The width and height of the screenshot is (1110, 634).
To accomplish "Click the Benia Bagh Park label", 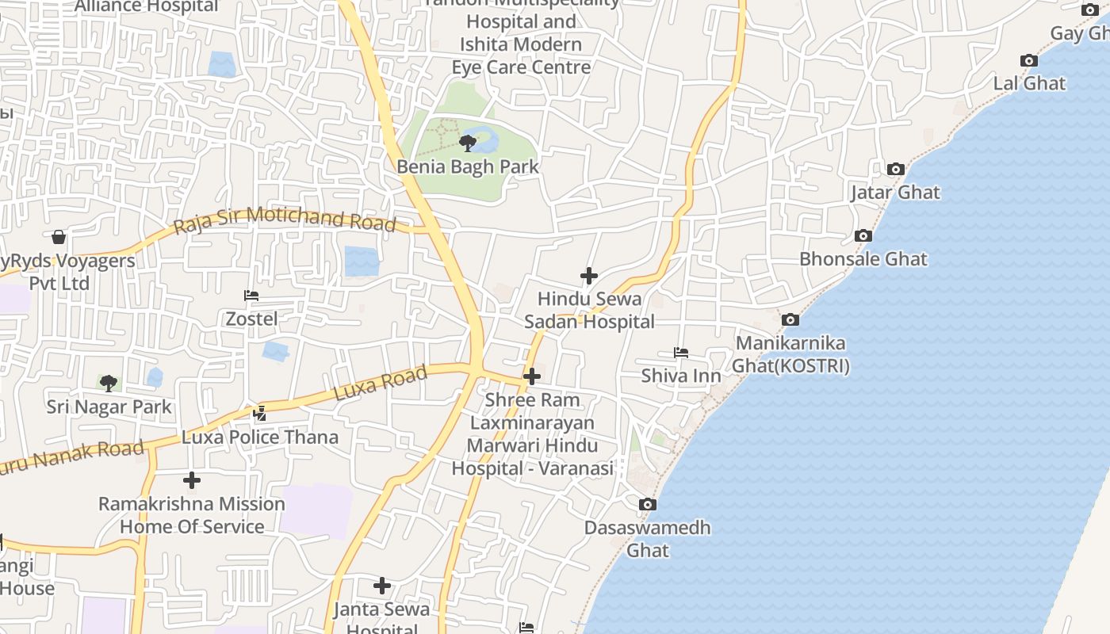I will click(467, 167).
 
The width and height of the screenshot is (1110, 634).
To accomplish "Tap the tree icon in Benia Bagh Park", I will click(468, 143).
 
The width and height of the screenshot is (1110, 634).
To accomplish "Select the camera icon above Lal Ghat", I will click(1029, 61).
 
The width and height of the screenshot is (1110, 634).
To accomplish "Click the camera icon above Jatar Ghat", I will click(896, 169).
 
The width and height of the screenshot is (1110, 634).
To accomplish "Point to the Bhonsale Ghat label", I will click(863, 259).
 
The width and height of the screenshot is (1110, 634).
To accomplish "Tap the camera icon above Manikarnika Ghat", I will click(790, 319).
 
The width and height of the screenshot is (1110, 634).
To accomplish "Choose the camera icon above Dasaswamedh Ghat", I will click(648, 504).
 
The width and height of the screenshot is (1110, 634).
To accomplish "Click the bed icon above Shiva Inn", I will click(681, 353).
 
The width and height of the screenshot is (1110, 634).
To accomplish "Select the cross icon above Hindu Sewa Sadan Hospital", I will click(589, 276).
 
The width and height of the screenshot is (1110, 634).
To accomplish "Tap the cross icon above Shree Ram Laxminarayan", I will click(532, 376).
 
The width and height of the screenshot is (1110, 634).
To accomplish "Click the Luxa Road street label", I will click(381, 383).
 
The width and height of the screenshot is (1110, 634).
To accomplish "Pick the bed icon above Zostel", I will click(251, 296).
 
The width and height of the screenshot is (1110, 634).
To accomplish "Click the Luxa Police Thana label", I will click(260, 437).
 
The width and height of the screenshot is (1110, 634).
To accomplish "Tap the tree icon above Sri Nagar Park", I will click(109, 384).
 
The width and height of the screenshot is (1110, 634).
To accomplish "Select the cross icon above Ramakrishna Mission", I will click(192, 480).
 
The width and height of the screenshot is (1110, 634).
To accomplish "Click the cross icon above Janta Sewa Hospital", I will click(382, 586).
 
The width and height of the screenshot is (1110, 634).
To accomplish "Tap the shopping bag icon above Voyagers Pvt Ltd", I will click(59, 237).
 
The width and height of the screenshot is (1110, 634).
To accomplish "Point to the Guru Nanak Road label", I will click(71, 457).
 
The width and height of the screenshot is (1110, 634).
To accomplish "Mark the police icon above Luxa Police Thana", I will click(260, 413).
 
